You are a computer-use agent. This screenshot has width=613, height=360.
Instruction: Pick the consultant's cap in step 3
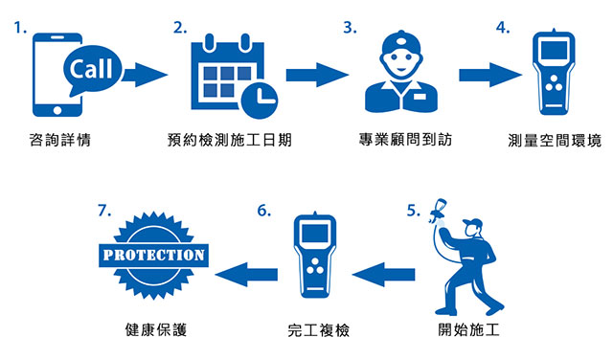(396, 45)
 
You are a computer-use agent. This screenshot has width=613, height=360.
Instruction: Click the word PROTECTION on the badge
(153, 256)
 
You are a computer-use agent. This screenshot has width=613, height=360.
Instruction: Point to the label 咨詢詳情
(60, 142)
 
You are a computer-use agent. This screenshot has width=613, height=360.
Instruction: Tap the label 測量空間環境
(555, 142)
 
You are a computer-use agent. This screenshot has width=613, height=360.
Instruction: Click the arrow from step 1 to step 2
(144, 75)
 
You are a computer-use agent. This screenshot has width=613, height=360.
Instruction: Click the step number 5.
(413, 211)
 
